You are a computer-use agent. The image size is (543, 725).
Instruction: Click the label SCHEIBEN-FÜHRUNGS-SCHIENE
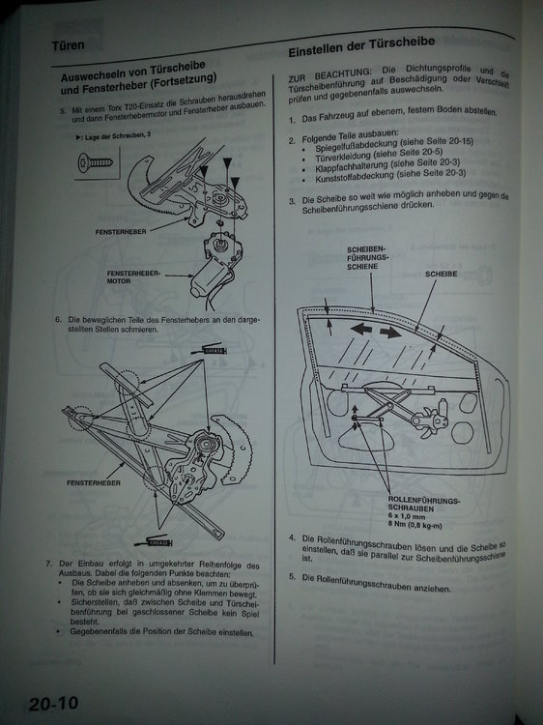[367, 260]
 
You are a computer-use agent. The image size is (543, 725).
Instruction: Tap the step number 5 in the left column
[63, 111]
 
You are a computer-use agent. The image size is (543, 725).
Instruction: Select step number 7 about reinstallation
[48, 565]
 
